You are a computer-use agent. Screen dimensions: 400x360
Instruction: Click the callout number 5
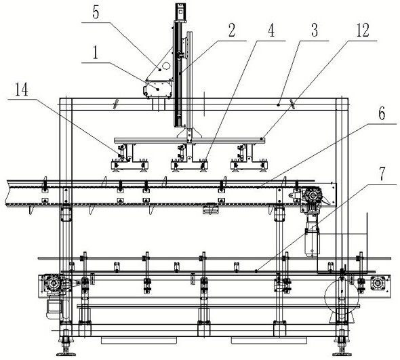click(x=96, y=13)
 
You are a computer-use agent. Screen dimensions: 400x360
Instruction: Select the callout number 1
click(x=96, y=53)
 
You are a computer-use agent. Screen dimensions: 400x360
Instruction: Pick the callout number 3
click(x=315, y=31)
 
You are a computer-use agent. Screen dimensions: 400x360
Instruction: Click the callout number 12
click(x=363, y=31)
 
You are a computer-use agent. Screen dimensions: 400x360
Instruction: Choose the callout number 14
click(x=22, y=89)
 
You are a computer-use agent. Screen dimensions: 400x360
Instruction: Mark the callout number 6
click(x=382, y=113)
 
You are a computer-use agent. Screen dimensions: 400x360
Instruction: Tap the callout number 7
click(x=382, y=174)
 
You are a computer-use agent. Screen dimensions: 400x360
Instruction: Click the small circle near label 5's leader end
click(x=166, y=66)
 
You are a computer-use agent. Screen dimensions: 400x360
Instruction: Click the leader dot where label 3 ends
click(x=279, y=104)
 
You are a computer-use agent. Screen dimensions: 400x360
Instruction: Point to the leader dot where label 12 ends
click(x=262, y=138)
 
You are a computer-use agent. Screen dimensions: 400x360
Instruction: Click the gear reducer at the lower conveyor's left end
click(x=54, y=283)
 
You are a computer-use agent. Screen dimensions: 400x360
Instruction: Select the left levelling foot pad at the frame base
click(x=66, y=354)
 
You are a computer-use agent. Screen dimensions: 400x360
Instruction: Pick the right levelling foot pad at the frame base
click(x=342, y=354)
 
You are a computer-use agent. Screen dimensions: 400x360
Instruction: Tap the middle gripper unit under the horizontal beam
click(x=189, y=158)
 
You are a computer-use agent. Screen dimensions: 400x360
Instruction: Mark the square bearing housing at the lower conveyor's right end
click(x=377, y=283)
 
